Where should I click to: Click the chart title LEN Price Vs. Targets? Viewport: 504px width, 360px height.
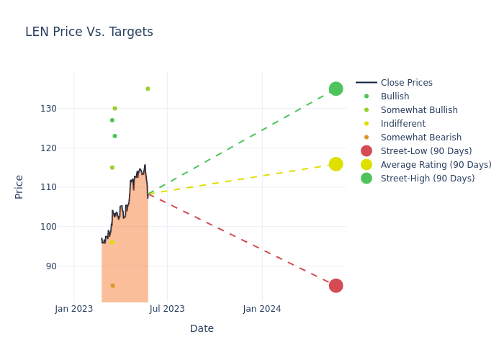89,32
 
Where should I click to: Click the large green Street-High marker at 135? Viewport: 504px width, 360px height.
336,89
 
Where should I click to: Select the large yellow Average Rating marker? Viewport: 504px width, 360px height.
336,164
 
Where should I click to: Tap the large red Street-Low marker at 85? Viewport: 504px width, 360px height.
336,286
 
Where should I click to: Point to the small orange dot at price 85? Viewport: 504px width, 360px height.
112,286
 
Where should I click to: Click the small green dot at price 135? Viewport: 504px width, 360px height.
148,89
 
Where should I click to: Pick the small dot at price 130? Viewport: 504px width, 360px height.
114,109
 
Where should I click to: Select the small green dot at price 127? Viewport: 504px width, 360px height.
112,120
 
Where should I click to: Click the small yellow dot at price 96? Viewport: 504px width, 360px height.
112,243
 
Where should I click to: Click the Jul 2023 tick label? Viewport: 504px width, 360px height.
167,309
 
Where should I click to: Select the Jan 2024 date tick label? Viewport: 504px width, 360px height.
262,309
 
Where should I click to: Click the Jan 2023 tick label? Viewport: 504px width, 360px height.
74,309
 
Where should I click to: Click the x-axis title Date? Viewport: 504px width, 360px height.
202,328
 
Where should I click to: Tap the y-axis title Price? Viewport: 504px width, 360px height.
19,186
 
